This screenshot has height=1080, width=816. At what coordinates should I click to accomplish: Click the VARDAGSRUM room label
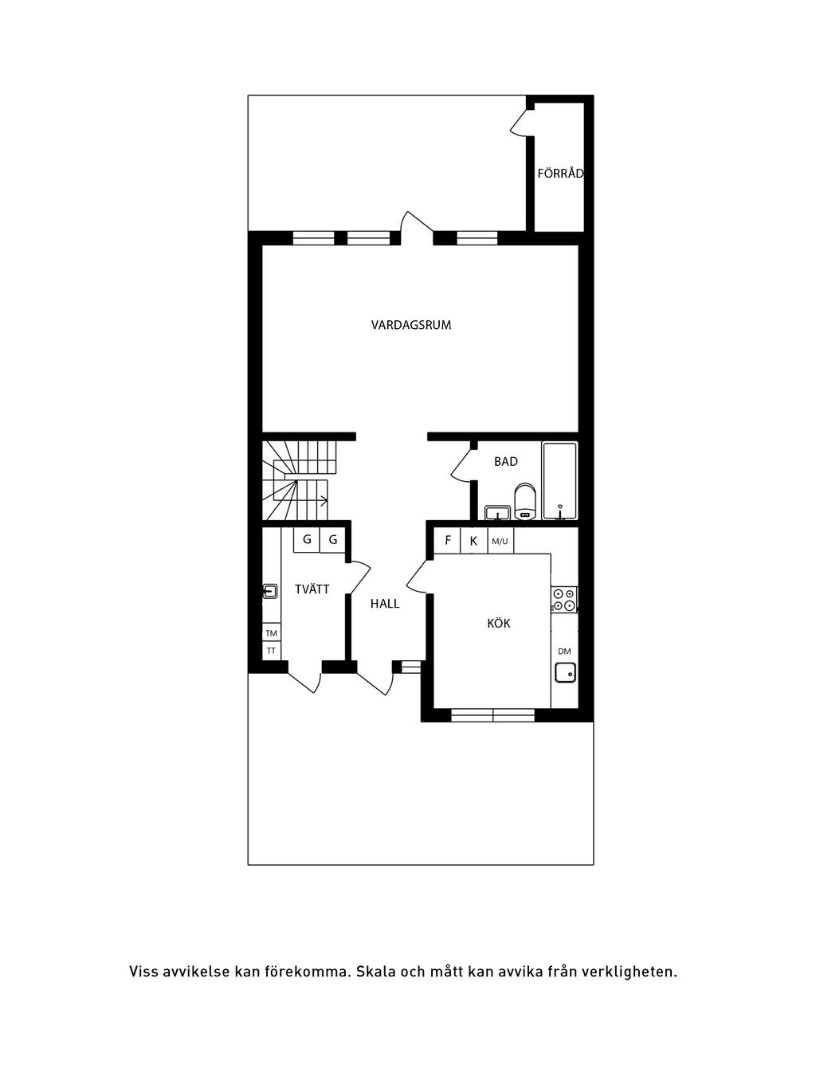pos(411,325)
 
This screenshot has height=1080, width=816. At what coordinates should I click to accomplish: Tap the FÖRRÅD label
pos(560,173)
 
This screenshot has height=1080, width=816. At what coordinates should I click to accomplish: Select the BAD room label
pos(506,461)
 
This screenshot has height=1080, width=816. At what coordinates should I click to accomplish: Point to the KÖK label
pos(499,624)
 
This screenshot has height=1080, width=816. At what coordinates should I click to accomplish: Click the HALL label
pos(385,604)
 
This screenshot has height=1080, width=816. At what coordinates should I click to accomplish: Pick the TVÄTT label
pos(312,589)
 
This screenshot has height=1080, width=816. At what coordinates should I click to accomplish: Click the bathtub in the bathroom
pos(559,481)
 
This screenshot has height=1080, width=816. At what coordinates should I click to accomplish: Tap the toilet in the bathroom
pos(525,500)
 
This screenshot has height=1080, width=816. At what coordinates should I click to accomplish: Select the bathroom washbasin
pos(498,513)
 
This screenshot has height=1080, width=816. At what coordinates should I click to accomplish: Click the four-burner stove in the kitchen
pos(564,599)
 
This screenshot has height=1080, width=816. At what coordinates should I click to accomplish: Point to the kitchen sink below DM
pos(566,672)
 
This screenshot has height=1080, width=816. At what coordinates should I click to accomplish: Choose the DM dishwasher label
pos(564,652)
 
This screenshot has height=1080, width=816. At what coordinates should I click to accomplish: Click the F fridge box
pos(447,540)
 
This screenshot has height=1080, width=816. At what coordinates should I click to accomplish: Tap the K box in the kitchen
pos(474,540)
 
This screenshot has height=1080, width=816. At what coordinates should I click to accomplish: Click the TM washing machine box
pos(271,632)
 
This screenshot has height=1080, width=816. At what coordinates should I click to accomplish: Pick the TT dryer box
pos(271,651)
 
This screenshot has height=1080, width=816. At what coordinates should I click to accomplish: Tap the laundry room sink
pos(269,590)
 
